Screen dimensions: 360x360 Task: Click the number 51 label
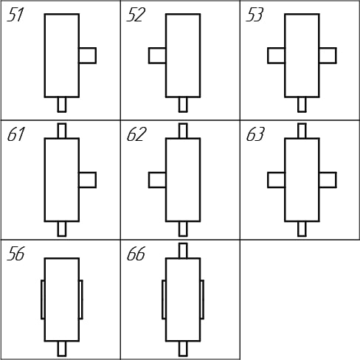15,15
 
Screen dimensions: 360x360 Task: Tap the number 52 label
136,15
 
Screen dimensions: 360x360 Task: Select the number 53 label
255,15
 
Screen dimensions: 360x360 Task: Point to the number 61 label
16,134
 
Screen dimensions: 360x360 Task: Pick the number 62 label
136,134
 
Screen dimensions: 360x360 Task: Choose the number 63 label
255,134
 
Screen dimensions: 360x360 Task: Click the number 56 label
15,254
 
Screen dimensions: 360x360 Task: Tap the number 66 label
136,254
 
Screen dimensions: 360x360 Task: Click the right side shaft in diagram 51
88,55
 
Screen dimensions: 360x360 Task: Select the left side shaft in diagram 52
157,55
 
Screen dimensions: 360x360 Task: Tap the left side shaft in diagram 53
277,55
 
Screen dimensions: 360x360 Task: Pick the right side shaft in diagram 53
328,55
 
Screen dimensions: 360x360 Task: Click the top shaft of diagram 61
62,131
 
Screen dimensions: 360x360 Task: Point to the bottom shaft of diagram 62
183,229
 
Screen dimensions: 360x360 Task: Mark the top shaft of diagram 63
302,131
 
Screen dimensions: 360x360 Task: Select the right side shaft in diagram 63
328,180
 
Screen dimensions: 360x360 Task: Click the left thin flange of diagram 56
43,300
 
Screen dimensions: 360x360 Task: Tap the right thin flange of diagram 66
202,300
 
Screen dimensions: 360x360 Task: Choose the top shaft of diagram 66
183,251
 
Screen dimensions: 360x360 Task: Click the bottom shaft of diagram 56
62,349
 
